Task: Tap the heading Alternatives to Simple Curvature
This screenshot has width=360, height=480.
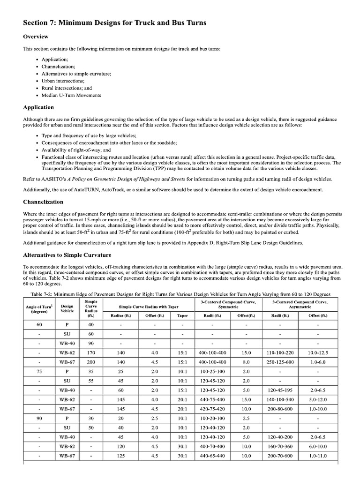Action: [x=67, y=255]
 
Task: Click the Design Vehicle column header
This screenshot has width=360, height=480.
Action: [x=67, y=307]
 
